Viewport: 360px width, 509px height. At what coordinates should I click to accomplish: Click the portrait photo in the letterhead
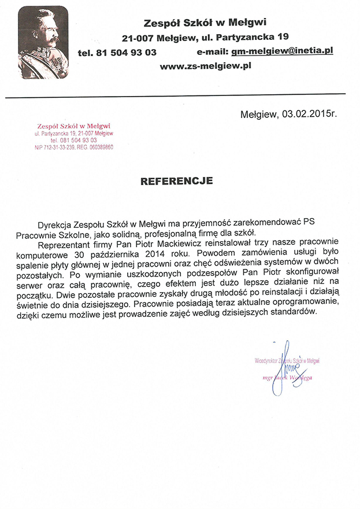tap(43, 43)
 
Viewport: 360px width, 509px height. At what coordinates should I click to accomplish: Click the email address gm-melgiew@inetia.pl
tap(282, 51)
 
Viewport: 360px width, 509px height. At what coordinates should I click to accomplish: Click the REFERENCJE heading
tap(176, 181)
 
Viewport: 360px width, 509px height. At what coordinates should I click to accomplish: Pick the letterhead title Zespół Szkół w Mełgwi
tap(205, 23)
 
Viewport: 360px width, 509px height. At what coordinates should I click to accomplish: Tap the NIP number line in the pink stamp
tap(73, 147)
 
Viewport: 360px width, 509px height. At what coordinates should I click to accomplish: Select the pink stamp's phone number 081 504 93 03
tap(73, 141)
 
